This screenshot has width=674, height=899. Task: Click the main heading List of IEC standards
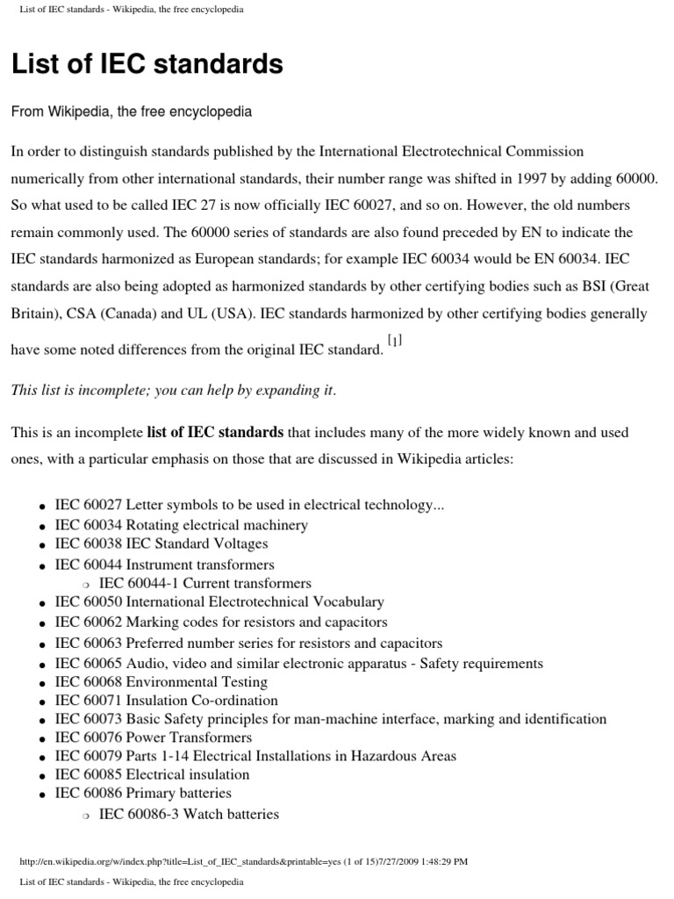point(147,64)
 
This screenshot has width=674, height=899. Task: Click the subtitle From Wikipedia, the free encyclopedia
point(131,112)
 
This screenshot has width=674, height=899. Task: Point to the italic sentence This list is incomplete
point(173,391)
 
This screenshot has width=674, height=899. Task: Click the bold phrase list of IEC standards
point(215,432)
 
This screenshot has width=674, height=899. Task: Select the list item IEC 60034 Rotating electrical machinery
point(181,525)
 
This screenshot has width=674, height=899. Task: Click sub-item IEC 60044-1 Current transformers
point(204,583)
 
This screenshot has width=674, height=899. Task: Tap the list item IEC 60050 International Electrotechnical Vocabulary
point(219,602)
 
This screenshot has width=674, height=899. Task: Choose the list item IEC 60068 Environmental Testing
point(161,682)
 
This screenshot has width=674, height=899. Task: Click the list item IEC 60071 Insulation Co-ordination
point(166,701)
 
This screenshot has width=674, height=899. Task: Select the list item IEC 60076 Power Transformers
point(153,737)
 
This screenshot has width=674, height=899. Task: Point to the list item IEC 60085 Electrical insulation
point(152,774)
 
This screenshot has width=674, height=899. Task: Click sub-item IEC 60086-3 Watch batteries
point(189,814)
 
